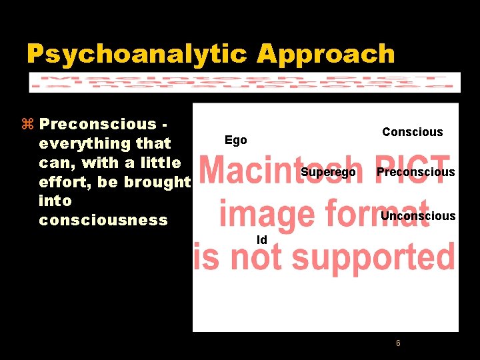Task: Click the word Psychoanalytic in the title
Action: point(137,54)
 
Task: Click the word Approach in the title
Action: point(326,54)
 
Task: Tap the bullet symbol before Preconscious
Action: point(27,124)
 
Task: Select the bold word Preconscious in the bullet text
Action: point(97,124)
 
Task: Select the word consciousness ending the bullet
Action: point(103,220)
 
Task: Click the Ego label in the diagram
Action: point(235,140)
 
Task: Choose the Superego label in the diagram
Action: point(328,173)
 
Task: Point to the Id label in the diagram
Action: point(262,239)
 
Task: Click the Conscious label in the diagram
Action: point(412,132)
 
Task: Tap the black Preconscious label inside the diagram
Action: point(415,172)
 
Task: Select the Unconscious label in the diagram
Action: point(418,216)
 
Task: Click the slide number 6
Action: point(398,343)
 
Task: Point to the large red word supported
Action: point(373,257)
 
